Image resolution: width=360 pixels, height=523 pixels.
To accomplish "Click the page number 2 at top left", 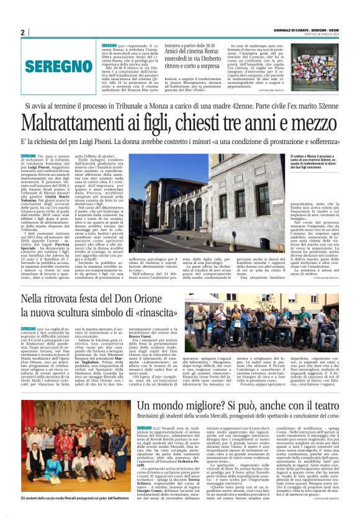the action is click(22, 32).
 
